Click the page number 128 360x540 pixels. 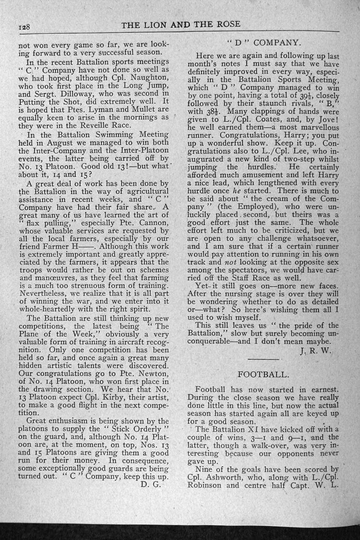coord(23,27)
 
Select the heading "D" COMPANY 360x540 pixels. coord(264,42)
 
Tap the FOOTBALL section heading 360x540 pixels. coord(263,374)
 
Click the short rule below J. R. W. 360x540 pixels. coord(263,359)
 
